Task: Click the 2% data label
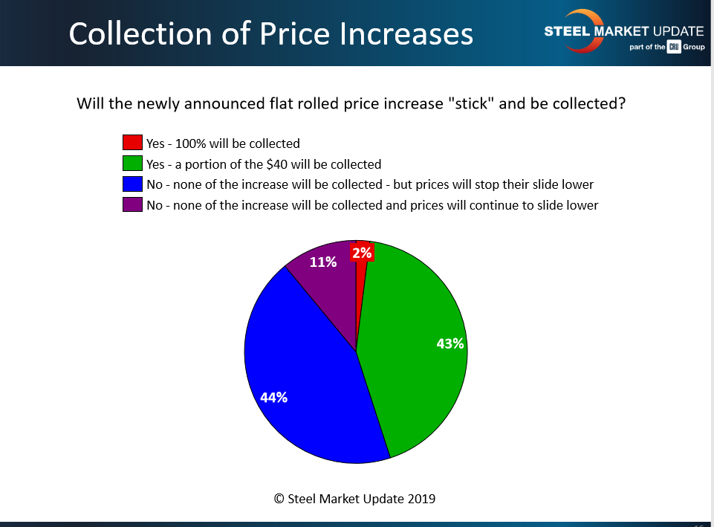[362, 253]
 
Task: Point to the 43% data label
[450, 343]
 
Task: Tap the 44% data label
[273, 398]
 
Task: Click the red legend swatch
[132, 143]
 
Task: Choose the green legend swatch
[132, 164]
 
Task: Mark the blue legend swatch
[132, 184]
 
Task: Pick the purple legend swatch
[132, 205]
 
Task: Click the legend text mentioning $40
[264, 164]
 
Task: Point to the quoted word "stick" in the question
[470, 103]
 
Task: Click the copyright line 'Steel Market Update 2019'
[355, 499]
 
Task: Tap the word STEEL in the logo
[567, 32]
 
